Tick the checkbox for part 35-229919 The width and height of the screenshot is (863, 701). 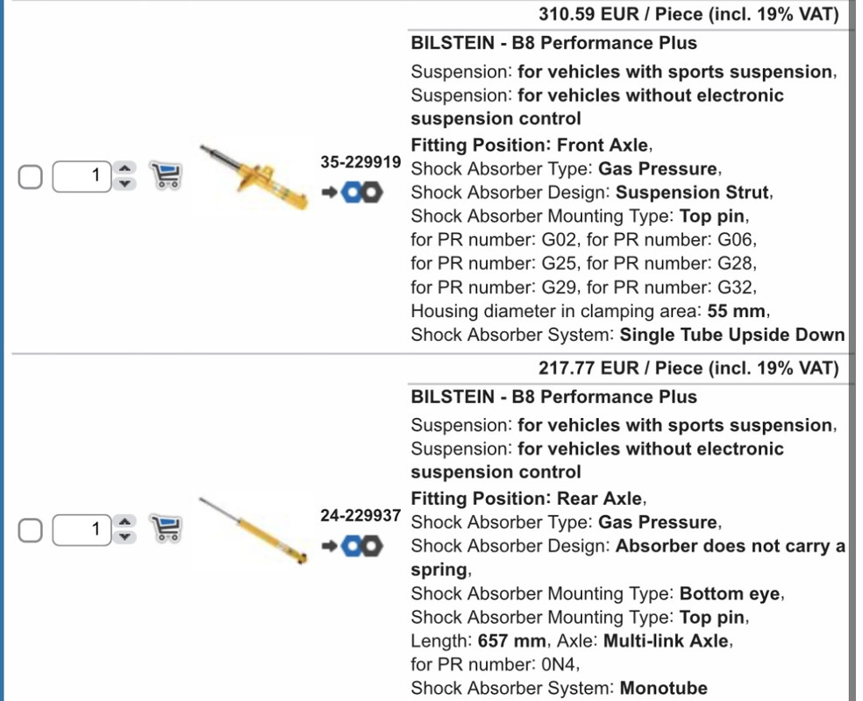pyautogui.click(x=31, y=177)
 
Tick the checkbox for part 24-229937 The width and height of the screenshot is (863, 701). pyautogui.click(x=31, y=530)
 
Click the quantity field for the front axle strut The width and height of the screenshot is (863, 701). pyautogui.click(x=82, y=176)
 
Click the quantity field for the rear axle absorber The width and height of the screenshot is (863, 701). pyautogui.click(x=82, y=530)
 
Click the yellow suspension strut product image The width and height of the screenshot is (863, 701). pyautogui.click(x=253, y=177)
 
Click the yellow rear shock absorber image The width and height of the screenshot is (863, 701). pyautogui.click(x=253, y=530)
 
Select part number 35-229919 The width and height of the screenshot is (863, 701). pyautogui.click(x=360, y=162)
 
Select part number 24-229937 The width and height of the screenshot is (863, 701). pyautogui.click(x=360, y=516)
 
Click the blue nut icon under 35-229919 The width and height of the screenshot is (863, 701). pyautogui.click(x=351, y=193)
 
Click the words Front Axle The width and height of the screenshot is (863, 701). pyautogui.click(x=603, y=145)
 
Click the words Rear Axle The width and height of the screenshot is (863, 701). pyautogui.click(x=599, y=499)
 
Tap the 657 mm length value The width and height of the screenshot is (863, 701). pyautogui.click(x=512, y=641)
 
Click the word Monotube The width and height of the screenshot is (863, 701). pyautogui.click(x=664, y=689)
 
